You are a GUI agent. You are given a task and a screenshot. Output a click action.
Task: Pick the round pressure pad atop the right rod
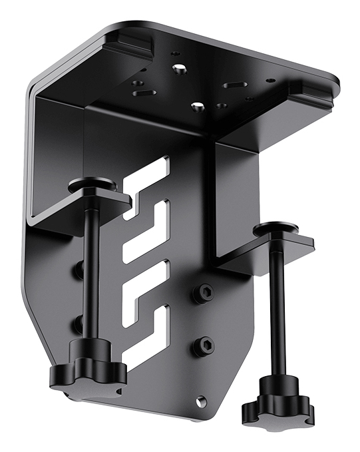(279, 231)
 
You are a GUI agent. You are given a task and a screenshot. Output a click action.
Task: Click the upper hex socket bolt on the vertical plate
(206, 292)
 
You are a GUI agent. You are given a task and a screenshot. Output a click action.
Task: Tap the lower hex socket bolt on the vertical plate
(205, 345)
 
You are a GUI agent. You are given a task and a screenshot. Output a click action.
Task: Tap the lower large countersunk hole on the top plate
(196, 107)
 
